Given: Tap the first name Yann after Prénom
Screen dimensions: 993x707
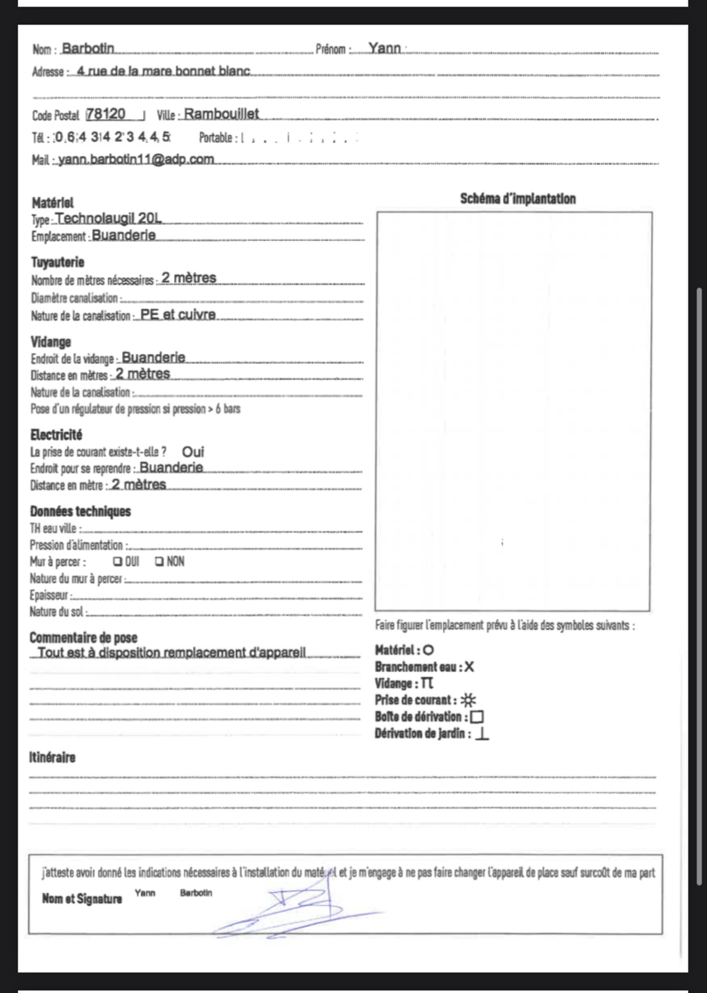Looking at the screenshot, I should pos(384,47).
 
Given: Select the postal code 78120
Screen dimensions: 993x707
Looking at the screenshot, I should pos(106,114).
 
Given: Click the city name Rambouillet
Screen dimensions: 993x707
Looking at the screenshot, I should pos(222,114).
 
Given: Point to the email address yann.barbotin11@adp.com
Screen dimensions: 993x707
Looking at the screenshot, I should pos(136,159).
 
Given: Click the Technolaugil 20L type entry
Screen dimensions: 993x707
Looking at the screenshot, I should pos(109,218).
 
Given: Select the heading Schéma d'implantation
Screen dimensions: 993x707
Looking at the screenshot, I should pos(518,199).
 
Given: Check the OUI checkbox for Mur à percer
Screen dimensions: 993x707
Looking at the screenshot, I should pos(117,562).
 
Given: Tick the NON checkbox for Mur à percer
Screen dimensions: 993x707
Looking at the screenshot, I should pos(159,562).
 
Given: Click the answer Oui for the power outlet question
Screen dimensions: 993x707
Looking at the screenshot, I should pos(193,452).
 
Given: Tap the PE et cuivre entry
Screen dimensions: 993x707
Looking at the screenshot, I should pos(178,314).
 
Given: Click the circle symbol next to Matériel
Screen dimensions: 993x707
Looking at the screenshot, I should pos(428,650).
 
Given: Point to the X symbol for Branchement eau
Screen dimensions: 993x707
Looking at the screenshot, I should pos(469,667).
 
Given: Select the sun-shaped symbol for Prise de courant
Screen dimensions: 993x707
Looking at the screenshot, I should pos(468,700).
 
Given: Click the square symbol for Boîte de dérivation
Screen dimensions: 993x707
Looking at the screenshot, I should pos(477,717).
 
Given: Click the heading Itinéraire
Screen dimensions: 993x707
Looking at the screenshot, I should pos(52,758).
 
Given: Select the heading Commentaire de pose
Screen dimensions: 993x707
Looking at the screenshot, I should pos(83,638).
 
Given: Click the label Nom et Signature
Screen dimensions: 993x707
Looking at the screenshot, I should pos(82,899).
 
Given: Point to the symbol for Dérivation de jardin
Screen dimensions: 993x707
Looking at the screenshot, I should pos(482,734).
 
